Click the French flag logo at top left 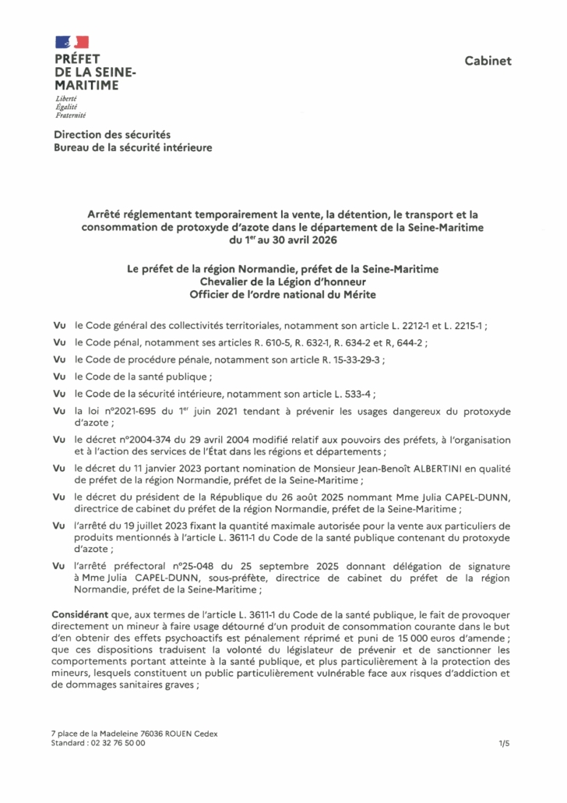pos(71,42)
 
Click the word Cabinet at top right pos(488,61)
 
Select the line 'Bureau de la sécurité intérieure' pos(132,147)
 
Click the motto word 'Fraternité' pos(71,115)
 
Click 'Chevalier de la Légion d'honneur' pos(283,281)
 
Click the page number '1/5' pos(504,744)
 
